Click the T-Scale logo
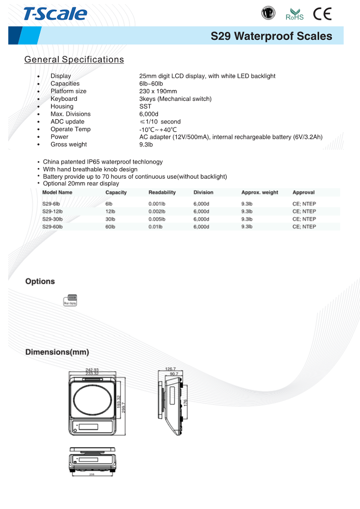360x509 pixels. tap(55, 14)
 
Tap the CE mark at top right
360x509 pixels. tap(322, 14)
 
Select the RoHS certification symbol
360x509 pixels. tap(294, 14)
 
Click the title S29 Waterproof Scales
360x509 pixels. tap(271, 36)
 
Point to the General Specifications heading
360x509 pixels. tap(74, 59)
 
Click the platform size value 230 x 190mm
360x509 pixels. tap(158, 91)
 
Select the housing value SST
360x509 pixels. tap(145, 106)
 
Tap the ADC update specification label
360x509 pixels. tap(67, 122)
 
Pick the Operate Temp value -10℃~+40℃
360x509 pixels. tap(158, 129)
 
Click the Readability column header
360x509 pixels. tap(162, 192)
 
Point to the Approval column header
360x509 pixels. tap(303, 192)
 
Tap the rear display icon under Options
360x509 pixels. tap(70, 300)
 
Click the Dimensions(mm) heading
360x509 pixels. tap(57, 352)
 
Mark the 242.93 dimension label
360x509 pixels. tap(92, 370)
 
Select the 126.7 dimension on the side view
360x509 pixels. tap(171, 369)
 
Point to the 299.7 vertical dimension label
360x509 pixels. tap(123, 404)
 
